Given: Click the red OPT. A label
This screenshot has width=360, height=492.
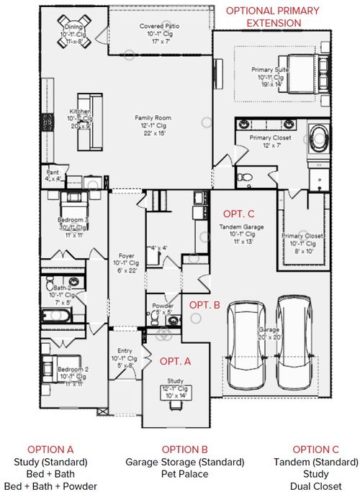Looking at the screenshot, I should (174, 360).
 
